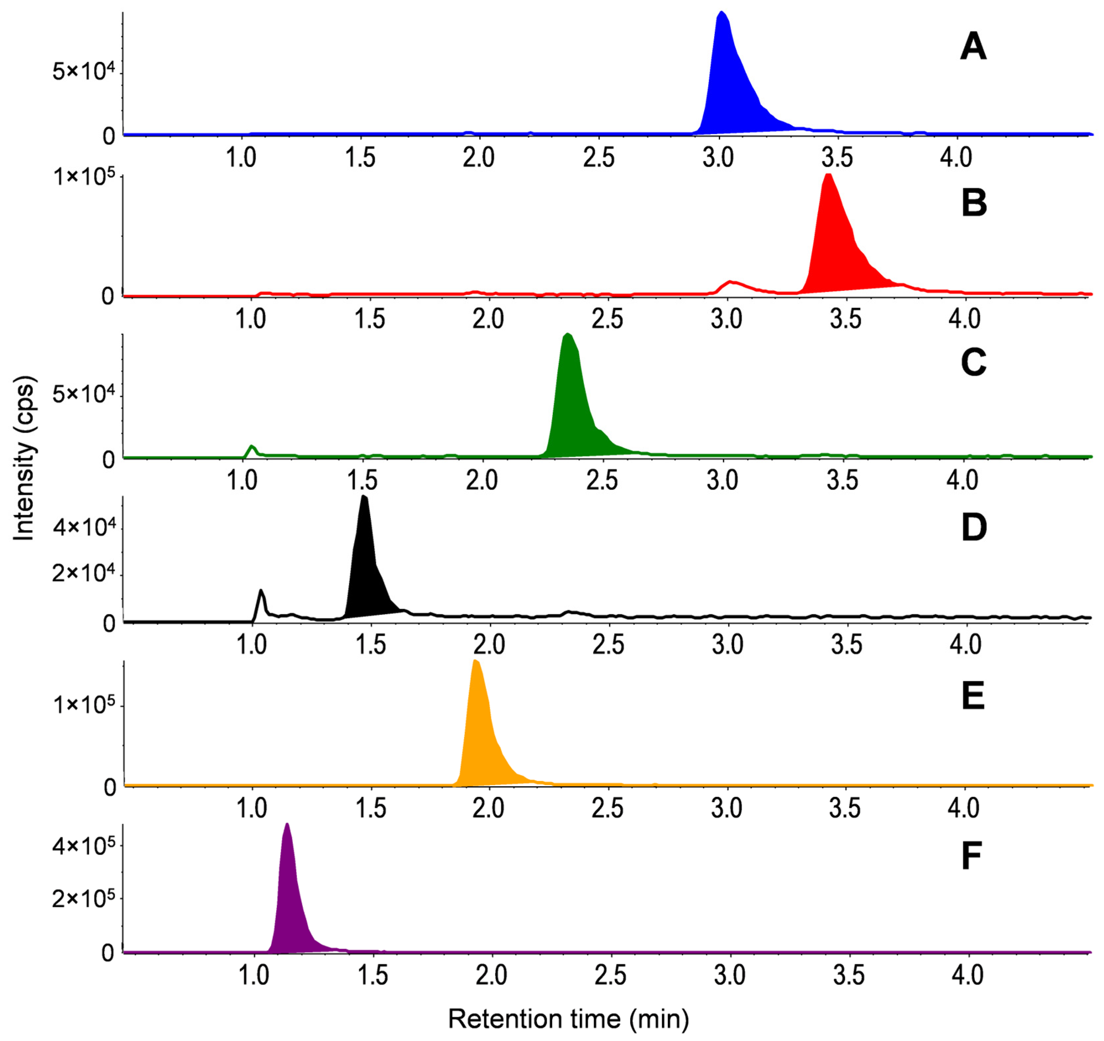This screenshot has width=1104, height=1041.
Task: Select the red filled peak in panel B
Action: [x=833, y=244]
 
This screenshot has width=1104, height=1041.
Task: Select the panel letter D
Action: [x=973, y=528]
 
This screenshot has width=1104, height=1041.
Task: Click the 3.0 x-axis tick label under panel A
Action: [x=718, y=158]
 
